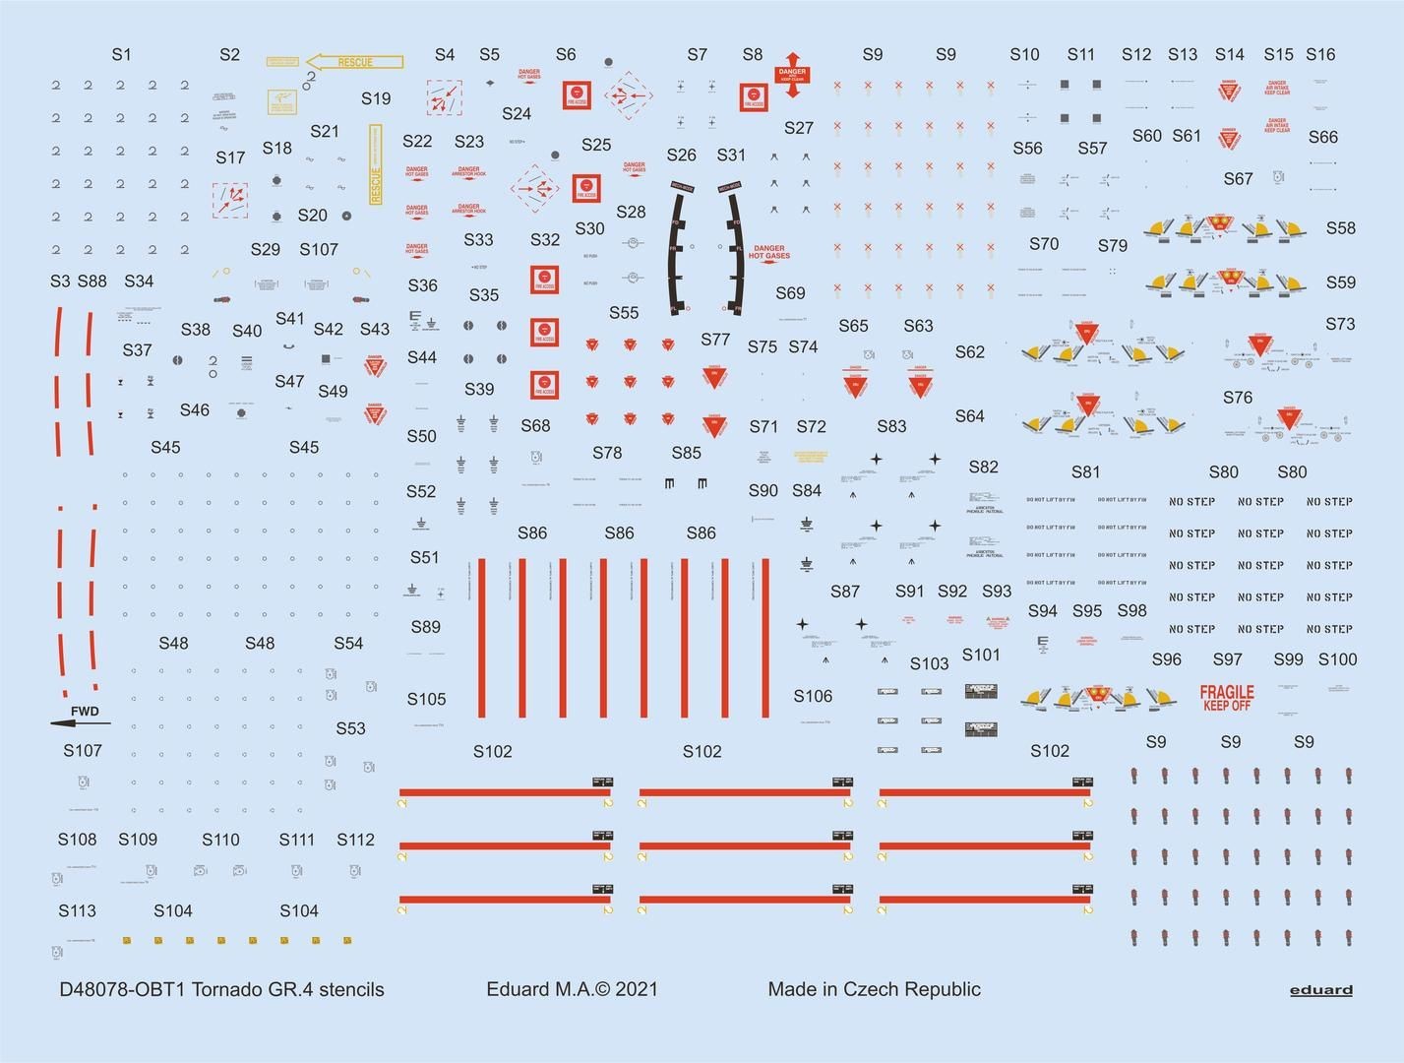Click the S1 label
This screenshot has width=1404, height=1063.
pos(121,55)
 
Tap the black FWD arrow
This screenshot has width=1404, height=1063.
pos(80,723)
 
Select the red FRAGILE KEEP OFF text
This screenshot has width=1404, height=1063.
pos(1227,698)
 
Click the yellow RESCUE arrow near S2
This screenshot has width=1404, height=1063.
pos(354,62)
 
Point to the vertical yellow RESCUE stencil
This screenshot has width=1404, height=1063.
pos(375,164)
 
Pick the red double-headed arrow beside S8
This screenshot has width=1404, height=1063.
pos(791,75)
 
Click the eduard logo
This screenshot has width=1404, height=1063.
pos(1320,990)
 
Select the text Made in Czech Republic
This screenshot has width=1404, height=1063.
pos(874,989)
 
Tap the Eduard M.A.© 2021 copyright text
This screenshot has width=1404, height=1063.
pos(572,989)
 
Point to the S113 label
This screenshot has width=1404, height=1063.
pos(77,910)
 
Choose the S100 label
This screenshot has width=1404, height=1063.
pos(1337,659)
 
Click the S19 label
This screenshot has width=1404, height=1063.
pos(376,98)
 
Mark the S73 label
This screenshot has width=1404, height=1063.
pos(1340,324)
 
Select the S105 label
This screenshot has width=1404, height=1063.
pos(426,699)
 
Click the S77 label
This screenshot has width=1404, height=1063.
pos(715,340)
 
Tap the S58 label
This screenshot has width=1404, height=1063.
pos(1340,228)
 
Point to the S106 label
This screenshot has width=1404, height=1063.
pos(813,696)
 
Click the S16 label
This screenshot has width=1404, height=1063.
pos(1320,55)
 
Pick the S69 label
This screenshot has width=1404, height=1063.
pos(790,293)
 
